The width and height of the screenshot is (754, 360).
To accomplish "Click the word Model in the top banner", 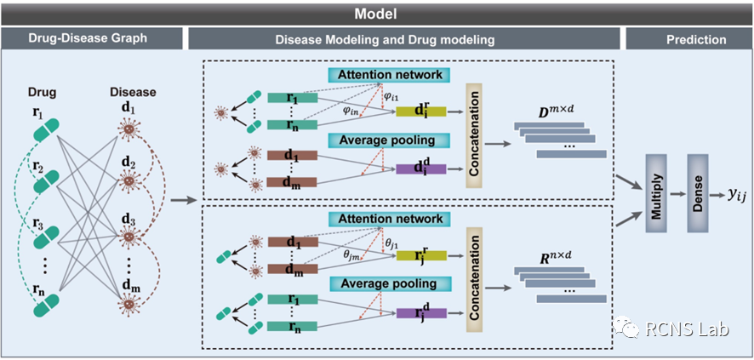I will tap(376, 14).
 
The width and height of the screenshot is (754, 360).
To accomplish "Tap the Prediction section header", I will tap(688, 39).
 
